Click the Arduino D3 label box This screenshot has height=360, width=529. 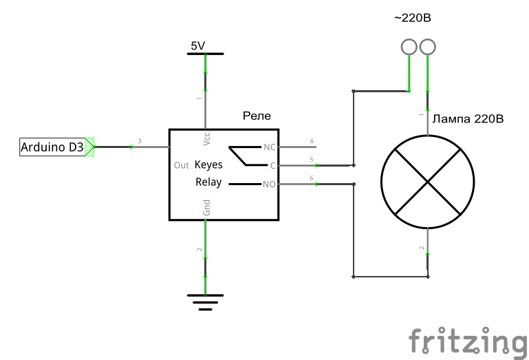coord(52,147)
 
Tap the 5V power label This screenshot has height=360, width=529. coord(198,46)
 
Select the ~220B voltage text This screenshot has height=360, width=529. coord(413,18)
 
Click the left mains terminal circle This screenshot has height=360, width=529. coord(409,47)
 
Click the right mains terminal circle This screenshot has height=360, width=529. coord(428,47)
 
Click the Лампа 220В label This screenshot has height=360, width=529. coord(469,119)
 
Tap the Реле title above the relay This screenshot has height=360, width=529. coord(257,116)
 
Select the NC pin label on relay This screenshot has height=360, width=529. coord(269,147)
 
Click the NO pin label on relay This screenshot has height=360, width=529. coord(269,184)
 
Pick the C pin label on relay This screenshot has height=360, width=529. coord(272,166)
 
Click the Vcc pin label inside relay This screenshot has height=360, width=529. coord(207,138)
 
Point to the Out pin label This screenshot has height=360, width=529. coord(182,166)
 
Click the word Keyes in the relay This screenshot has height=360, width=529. coord(208,165)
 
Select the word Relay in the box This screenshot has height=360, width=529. coord(208,182)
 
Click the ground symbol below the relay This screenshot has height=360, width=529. coord(205,301)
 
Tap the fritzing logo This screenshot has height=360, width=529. coord(467,341)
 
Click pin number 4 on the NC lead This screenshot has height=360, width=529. coord(312,142)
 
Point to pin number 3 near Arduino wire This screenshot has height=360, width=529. coord(140,142)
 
